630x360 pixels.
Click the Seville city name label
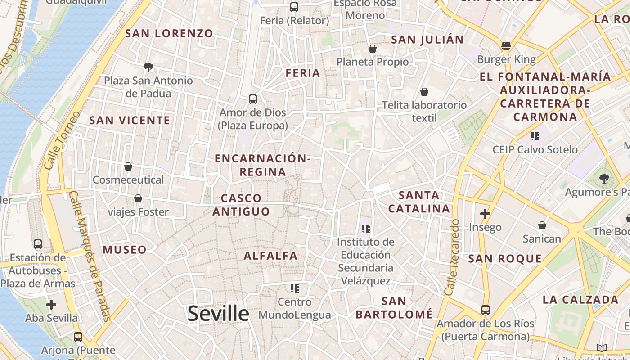pyautogui.click(x=218, y=313)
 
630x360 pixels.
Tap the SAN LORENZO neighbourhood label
pyautogui.click(x=169, y=33)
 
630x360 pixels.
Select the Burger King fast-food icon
pyautogui.click(x=506, y=46)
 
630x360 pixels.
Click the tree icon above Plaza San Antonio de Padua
pyautogui.click(x=148, y=67)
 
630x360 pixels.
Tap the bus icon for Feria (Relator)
pyautogui.click(x=294, y=7)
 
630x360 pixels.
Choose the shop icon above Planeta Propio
pyautogui.click(x=372, y=49)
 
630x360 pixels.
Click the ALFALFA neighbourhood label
pyautogui.click(x=270, y=256)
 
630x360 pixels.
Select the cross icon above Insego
pyautogui.click(x=485, y=214)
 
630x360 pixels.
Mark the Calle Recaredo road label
pyautogui.click(x=452, y=257)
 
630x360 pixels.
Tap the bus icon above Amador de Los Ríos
pyautogui.click(x=485, y=310)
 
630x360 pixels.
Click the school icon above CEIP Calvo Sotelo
pyautogui.click(x=535, y=136)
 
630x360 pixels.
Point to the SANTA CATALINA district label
pyautogui.click(x=419, y=202)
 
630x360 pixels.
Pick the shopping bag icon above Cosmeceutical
pyautogui.click(x=128, y=166)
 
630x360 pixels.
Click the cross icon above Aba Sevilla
pyautogui.click(x=51, y=305)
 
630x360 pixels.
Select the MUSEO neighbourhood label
pyautogui.click(x=125, y=250)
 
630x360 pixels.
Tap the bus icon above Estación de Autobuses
pyautogui.click(x=38, y=244)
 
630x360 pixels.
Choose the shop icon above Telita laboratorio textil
pyautogui.click(x=424, y=92)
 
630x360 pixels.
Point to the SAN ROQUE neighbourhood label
pyautogui.click(x=505, y=259)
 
